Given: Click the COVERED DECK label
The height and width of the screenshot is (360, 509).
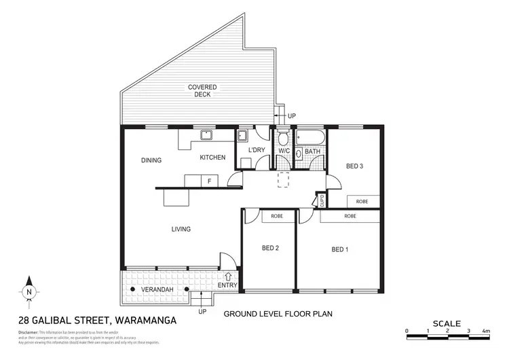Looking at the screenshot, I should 202,92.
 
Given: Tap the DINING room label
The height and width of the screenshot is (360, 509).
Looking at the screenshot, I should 151,161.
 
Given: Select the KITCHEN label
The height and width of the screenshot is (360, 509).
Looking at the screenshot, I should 212,158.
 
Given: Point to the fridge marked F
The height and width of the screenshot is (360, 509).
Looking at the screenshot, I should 209,181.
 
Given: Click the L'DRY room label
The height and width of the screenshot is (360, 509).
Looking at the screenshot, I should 257,150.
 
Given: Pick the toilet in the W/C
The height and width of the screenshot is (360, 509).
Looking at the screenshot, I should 284,140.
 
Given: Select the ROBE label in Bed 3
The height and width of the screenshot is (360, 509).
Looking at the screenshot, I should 362,202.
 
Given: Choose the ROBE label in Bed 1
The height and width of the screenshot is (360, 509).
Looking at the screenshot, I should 350,216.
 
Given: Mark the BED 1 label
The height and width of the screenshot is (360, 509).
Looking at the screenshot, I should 339,249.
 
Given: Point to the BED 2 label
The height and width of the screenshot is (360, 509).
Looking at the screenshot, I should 270,248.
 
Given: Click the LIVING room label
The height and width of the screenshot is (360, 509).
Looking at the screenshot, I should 181,229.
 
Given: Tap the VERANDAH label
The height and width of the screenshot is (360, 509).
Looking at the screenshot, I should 155,290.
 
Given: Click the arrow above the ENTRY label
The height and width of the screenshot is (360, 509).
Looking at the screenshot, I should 228,276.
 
